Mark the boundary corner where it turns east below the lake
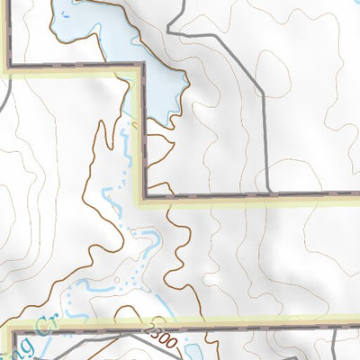(144, 195)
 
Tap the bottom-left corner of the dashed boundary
(12, 334)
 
